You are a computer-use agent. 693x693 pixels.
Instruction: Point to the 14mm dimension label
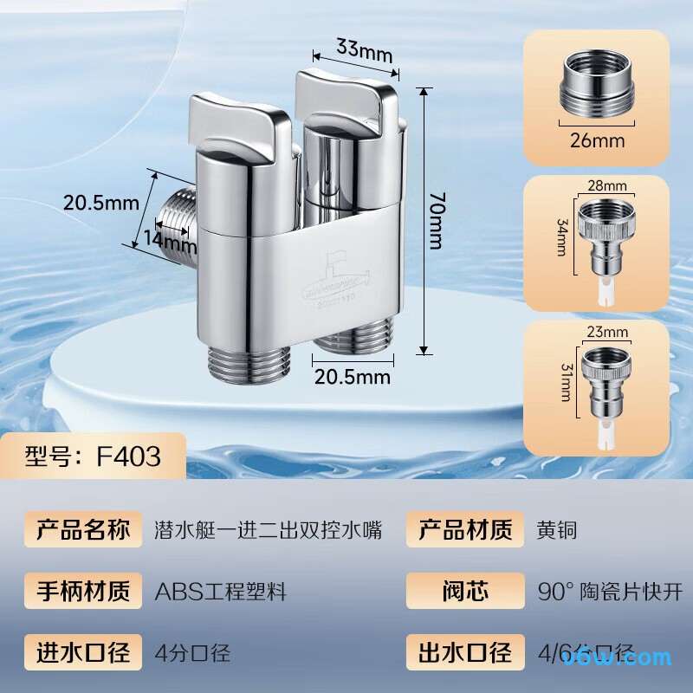click(x=165, y=239)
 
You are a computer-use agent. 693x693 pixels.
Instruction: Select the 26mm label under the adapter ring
click(x=597, y=140)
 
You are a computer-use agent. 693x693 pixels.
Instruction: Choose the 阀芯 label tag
click(x=465, y=592)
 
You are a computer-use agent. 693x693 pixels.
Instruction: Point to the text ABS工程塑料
click(x=221, y=592)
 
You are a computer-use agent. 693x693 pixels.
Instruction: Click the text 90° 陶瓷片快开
click(x=610, y=592)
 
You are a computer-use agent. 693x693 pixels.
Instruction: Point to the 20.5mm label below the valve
click(x=352, y=377)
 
